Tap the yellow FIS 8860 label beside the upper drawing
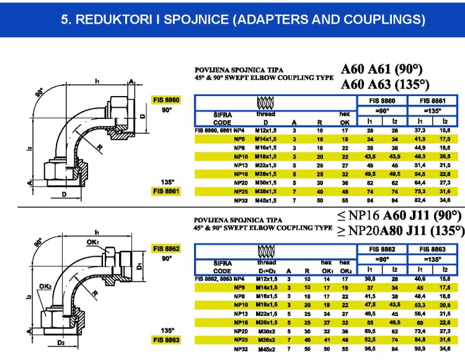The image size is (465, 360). click(x=166, y=100)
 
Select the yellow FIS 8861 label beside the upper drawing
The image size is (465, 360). click(x=166, y=191)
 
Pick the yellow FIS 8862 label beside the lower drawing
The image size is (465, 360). click(x=166, y=248)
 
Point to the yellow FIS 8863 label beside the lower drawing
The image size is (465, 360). click(x=166, y=340)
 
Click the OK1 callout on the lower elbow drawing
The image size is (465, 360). click(x=93, y=242)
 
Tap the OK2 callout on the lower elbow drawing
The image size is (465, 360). click(x=45, y=286)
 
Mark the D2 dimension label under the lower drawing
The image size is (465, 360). click(x=60, y=342)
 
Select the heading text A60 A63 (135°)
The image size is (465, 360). click(x=385, y=84)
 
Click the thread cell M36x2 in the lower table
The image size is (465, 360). click(x=266, y=340)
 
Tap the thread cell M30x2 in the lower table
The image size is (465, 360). click(x=266, y=331)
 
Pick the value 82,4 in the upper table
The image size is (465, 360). click(x=422, y=201)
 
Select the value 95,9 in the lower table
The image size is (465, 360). click(x=422, y=349)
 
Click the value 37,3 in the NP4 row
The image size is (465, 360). click(x=422, y=131)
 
